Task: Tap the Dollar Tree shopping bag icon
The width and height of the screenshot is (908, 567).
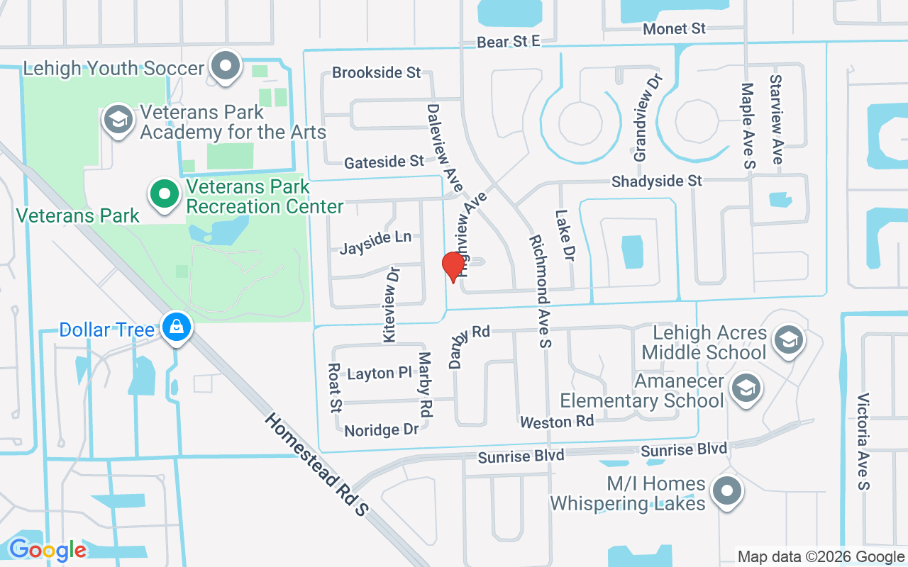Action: (x=174, y=327)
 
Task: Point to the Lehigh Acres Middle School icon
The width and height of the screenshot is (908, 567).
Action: (x=787, y=339)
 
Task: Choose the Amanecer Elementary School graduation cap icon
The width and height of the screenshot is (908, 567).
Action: (x=746, y=388)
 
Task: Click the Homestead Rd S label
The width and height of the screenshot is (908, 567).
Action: (x=317, y=464)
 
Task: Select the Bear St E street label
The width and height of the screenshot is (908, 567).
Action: (x=508, y=42)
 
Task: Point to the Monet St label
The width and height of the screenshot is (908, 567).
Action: (x=675, y=29)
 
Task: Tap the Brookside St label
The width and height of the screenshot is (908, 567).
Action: (x=376, y=73)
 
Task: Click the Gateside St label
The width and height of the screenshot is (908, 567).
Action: (x=384, y=163)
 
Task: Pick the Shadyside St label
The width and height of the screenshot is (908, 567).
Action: (x=657, y=181)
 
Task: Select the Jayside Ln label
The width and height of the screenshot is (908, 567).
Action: (x=375, y=242)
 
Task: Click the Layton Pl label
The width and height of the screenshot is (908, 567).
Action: (x=380, y=373)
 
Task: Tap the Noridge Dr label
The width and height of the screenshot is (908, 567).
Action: (x=381, y=430)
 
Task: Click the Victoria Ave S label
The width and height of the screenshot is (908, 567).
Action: (x=863, y=441)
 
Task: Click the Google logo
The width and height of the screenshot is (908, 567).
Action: (x=48, y=549)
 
